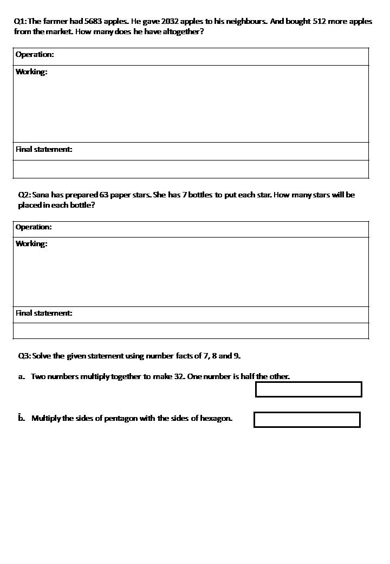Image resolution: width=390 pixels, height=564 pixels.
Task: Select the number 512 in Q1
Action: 314,22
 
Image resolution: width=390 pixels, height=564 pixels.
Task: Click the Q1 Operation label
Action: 35,55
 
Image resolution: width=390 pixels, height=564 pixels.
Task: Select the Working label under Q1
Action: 31,72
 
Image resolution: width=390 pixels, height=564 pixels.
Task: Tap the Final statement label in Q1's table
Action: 44,150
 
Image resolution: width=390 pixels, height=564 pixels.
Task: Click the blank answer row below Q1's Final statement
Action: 191,169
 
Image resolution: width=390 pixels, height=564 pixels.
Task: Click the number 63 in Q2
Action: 105,195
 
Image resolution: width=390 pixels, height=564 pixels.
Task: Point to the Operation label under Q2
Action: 34,227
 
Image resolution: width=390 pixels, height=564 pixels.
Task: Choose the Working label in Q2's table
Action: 31,244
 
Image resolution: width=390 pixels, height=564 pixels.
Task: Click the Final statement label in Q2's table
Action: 44,313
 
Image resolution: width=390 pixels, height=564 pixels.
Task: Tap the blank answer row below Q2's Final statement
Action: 191,331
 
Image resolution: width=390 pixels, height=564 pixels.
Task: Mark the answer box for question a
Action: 308,389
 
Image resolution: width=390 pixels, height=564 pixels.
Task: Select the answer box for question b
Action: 307,420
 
